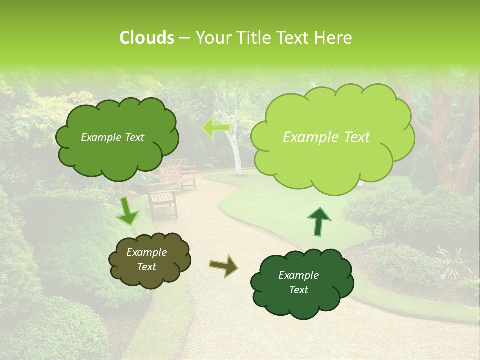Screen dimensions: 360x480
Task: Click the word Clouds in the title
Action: pos(146,38)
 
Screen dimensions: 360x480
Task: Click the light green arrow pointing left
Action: pos(216,128)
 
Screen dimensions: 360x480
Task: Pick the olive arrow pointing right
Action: pos(224,266)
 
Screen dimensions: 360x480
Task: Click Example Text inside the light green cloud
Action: pos(326,137)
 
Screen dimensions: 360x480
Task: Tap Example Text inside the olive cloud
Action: pos(147,260)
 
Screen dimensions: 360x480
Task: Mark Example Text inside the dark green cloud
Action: pos(299,283)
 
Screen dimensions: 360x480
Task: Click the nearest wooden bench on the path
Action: pos(162,202)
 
